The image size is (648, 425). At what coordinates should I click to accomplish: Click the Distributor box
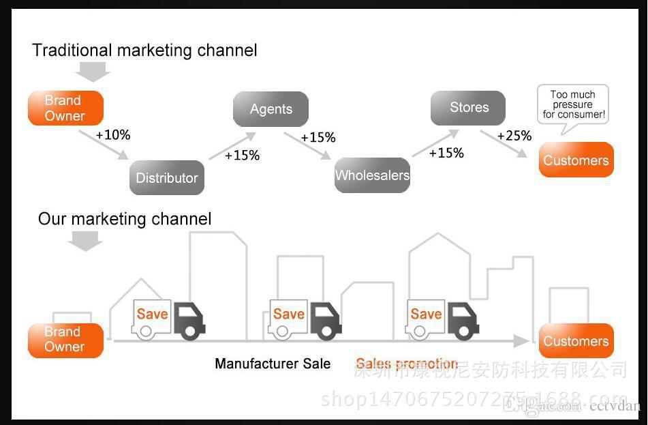tap(167, 178)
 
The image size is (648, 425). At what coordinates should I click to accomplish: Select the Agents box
tap(271, 109)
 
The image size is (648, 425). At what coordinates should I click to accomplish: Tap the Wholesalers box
tap(372, 175)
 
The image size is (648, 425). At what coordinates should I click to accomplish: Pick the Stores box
tap(468, 108)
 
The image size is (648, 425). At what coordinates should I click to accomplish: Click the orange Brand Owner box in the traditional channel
tap(65, 108)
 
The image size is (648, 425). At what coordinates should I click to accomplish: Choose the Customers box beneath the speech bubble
tap(576, 160)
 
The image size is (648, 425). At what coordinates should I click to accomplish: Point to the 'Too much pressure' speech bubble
tap(572, 104)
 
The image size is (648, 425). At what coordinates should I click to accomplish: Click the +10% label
tap(112, 134)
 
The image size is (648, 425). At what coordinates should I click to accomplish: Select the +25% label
tap(514, 135)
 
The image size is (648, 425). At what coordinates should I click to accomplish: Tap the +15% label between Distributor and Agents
tap(242, 155)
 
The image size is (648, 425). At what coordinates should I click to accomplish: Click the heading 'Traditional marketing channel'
tap(144, 50)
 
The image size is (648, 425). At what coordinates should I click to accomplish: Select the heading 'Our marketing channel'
tap(125, 218)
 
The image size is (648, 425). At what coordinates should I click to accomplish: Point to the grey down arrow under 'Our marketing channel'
tap(85, 240)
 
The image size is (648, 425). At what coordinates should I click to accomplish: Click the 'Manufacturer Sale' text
tap(273, 364)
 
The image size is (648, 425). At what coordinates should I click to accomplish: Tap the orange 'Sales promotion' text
tap(407, 364)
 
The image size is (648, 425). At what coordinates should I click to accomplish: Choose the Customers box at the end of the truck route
tap(576, 341)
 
